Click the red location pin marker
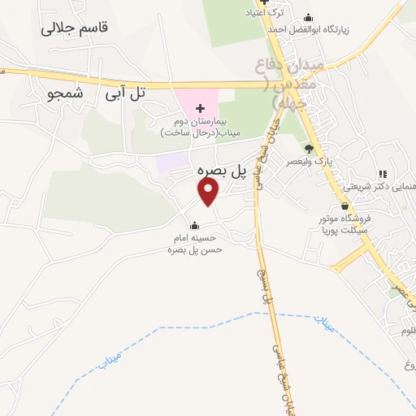[x=209, y=192]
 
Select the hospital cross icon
[x=200, y=109]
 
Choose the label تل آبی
[x=123, y=94]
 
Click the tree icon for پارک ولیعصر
[x=309, y=148]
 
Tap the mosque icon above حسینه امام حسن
[x=193, y=225]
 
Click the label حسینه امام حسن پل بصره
[x=195, y=245]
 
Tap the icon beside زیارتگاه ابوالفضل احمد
[x=308, y=18]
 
